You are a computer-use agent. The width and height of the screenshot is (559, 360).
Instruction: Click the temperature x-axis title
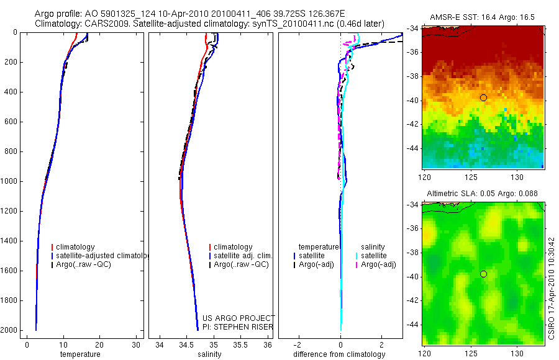coord(80,354)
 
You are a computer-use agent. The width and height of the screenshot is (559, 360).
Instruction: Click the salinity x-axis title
coord(209,354)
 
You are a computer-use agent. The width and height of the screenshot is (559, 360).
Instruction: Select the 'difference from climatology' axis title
coord(340,354)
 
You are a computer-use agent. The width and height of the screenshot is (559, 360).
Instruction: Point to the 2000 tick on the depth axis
coord(9,330)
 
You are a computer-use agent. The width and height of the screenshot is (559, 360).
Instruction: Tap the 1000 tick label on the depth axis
coord(9,181)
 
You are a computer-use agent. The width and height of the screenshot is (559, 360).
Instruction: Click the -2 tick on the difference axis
coord(299,345)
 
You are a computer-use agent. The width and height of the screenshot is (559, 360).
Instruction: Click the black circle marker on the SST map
coord(483,97)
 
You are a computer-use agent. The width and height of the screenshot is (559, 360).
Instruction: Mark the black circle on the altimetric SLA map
coord(483,274)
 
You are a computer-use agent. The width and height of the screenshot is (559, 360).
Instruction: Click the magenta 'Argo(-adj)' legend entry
coord(379,264)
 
